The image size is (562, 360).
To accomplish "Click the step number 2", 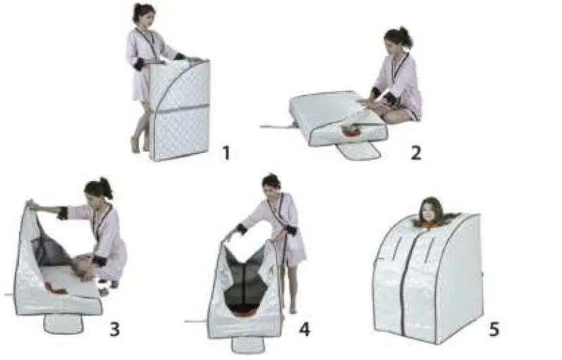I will [416, 151].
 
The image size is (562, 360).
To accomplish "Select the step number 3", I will [114, 328].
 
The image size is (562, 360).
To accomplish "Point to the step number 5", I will [496, 328].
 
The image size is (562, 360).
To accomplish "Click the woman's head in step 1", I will [144, 14].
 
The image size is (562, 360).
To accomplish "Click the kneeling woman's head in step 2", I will [396, 41].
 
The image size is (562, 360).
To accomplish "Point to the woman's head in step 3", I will [99, 189].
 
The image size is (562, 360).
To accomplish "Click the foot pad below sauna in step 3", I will [63, 323].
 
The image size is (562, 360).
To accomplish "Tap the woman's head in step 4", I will [271, 182].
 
